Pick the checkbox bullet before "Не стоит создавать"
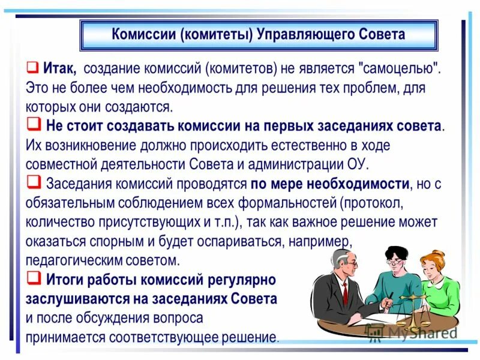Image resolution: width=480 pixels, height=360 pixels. tap(33, 125)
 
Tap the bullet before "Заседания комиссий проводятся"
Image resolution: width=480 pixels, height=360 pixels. tap(33, 182)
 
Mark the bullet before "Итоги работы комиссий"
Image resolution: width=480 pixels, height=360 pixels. tap(33, 278)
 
